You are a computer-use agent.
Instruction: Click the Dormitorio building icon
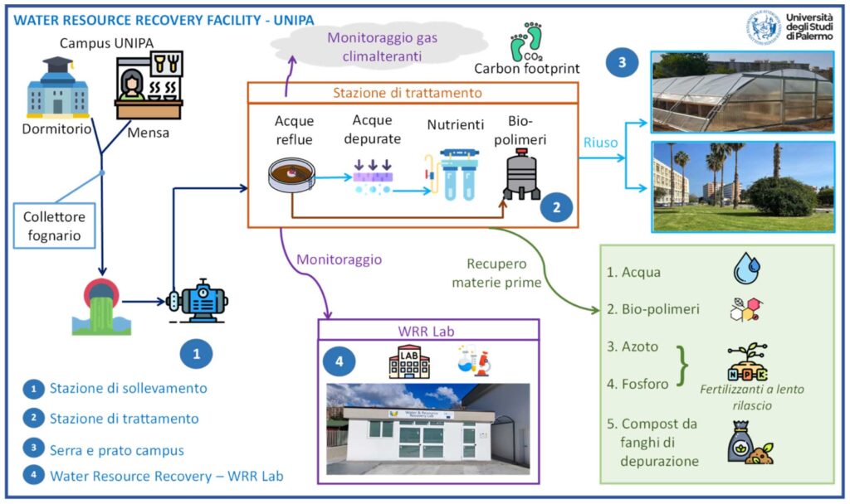point(57,90)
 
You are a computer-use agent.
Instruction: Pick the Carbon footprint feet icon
point(525,41)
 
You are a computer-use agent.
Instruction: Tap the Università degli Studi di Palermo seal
point(763,27)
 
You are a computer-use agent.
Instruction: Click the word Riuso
point(600,143)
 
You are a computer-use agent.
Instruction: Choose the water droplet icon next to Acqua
point(747,269)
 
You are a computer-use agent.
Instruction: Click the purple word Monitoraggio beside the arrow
point(339,259)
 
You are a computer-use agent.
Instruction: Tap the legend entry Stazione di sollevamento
point(127,388)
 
